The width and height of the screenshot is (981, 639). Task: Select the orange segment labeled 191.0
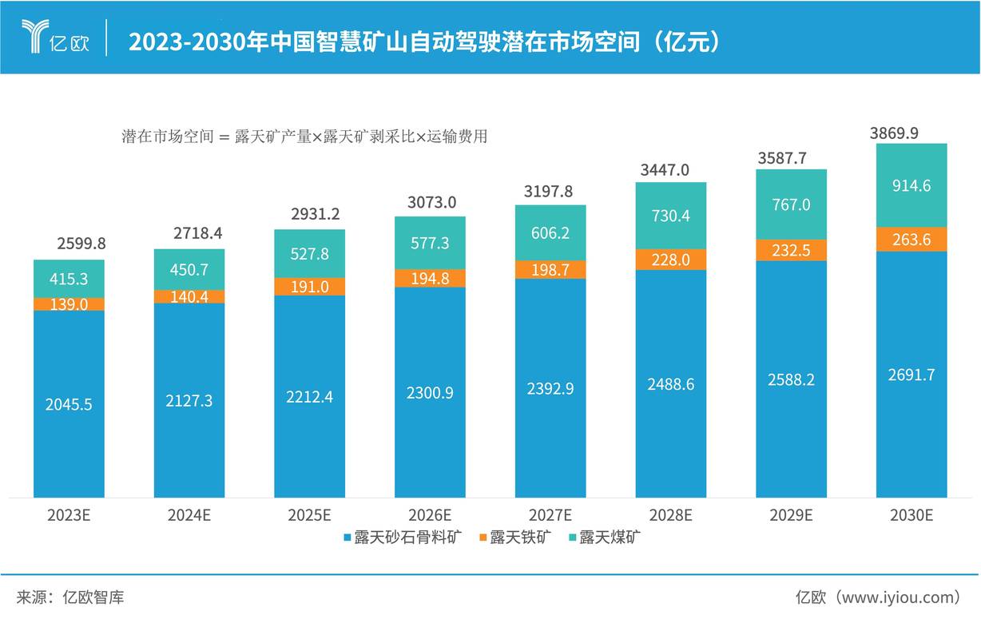point(309,287)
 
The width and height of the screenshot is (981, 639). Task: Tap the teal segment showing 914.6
point(911,185)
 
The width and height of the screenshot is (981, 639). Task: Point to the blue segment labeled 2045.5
point(69,404)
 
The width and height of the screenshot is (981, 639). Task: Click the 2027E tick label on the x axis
point(550,515)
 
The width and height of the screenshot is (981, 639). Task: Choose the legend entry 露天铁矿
point(514,537)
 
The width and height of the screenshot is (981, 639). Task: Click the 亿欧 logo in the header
point(56,38)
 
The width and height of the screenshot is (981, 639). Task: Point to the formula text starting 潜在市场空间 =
point(304,137)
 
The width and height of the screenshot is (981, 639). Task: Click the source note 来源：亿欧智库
point(70,597)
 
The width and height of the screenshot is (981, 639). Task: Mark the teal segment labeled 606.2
point(550,232)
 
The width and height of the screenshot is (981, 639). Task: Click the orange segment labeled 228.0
point(671,260)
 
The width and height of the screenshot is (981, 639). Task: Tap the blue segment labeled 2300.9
point(430,392)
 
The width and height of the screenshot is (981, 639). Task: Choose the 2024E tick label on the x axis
point(189,515)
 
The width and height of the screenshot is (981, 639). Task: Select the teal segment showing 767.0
point(791,204)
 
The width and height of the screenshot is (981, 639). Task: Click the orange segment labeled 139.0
point(69,304)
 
